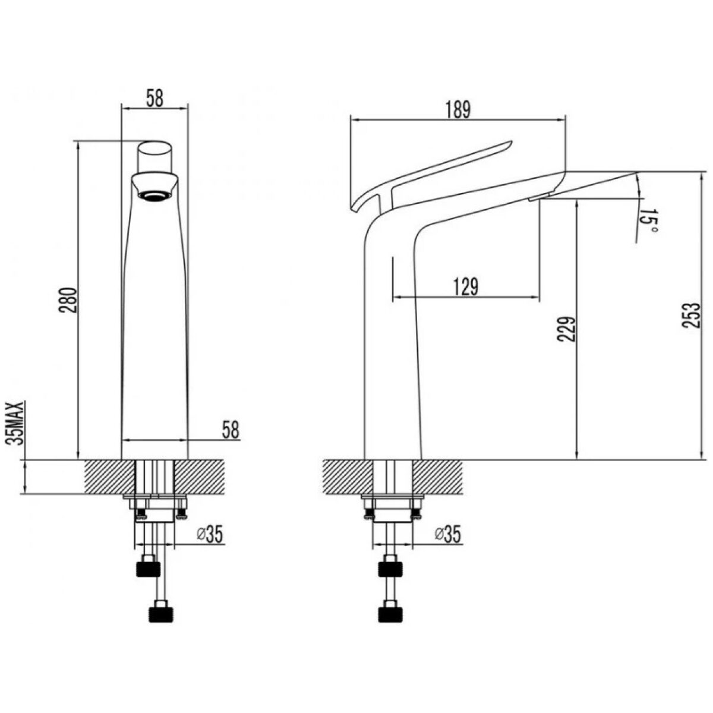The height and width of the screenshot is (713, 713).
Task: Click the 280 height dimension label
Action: (x=69, y=300)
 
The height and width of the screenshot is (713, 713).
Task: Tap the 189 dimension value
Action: (x=458, y=109)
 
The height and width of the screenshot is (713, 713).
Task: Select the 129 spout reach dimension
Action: (x=466, y=287)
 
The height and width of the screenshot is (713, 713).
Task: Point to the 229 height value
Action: (x=566, y=329)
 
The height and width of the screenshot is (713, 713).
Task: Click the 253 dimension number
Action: (x=692, y=316)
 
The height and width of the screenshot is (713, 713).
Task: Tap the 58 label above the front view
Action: (x=154, y=98)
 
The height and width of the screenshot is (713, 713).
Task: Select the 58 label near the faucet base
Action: (x=230, y=430)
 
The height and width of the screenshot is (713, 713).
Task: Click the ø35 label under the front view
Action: (x=210, y=535)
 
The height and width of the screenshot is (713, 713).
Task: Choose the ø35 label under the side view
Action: (x=448, y=535)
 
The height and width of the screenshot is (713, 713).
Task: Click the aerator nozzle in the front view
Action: (x=154, y=195)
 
